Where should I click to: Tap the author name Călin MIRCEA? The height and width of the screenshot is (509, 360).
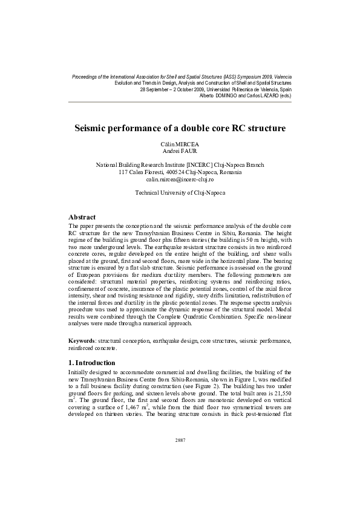click(180, 144)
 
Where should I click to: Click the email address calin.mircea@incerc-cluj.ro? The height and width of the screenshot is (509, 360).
click(180, 180)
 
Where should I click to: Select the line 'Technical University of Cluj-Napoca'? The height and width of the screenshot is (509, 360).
click(180, 192)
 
